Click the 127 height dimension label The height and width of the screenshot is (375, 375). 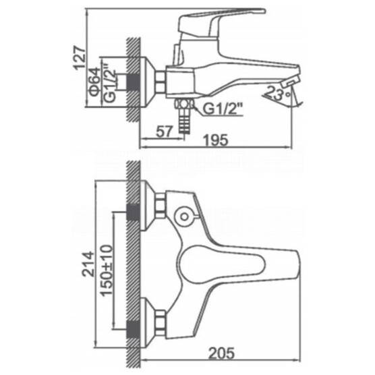(79, 58)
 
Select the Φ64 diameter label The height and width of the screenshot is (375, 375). (95, 82)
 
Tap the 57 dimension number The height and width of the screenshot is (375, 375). (165, 132)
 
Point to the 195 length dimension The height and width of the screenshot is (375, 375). (216, 140)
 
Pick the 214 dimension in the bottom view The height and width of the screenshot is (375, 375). (88, 264)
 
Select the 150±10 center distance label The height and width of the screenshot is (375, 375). (107, 270)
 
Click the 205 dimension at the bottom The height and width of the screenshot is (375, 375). (222, 353)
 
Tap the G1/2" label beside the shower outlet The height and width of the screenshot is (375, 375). (223, 109)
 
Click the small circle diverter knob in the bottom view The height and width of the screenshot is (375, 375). (184, 217)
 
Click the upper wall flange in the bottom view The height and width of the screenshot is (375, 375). (148, 206)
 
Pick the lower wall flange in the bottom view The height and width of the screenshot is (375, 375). (148, 322)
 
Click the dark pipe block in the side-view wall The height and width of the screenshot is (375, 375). (133, 82)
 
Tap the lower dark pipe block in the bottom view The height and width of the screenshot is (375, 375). (133, 330)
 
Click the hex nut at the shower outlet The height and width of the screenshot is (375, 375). (184, 105)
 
